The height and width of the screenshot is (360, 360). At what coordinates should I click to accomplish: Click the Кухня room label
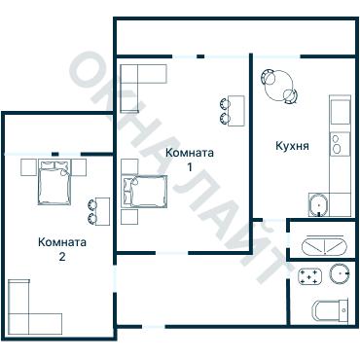(292, 146)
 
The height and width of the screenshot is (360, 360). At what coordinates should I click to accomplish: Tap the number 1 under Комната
(190, 167)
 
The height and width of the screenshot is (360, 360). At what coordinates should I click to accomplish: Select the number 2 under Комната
(62, 257)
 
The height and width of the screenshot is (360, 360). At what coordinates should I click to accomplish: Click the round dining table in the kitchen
(279, 86)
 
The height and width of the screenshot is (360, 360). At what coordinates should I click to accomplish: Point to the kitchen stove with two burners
(340, 144)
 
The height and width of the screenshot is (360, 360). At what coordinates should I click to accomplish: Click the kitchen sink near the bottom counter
(318, 205)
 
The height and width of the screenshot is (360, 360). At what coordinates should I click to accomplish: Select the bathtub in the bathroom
(324, 247)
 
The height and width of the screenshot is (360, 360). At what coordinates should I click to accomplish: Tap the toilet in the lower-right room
(330, 310)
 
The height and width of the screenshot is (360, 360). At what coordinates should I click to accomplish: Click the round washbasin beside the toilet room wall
(340, 273)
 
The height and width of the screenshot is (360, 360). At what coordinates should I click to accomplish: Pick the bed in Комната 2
(54, 182)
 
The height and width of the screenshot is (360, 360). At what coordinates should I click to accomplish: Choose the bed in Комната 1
(145, 192)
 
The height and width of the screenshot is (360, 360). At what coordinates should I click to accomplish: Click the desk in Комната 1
(236, 111)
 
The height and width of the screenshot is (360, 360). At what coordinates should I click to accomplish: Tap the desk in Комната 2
(103, 211)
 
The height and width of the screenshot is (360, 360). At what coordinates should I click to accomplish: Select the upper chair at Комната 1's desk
(225, 104)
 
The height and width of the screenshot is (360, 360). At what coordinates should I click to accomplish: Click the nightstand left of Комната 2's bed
(29, 167)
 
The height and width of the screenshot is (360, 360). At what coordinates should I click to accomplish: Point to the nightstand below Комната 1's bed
(129, 217)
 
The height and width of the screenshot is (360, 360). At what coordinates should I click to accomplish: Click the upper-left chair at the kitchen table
(269, 78)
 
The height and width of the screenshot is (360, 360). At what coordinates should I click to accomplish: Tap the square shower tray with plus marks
(309, 276)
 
